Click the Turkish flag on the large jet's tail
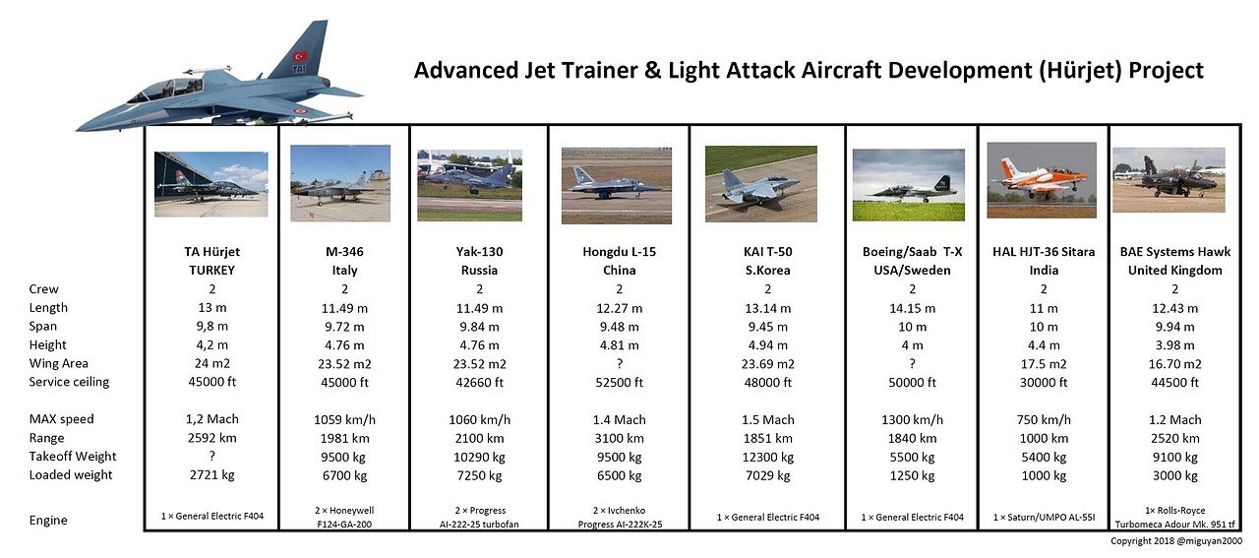300,56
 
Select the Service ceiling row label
69,382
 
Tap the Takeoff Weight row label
73,457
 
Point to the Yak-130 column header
479,251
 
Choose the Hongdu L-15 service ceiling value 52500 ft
620,383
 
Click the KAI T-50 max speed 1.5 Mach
768,419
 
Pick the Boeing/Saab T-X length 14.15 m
912,308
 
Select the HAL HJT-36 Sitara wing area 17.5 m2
1044,364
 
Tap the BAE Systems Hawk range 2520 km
1175,438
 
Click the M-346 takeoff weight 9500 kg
344,458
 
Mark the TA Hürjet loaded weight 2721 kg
211,474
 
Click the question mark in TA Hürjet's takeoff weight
211,455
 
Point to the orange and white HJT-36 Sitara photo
1042,180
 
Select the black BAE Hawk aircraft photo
1169,180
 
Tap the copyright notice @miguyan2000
1176,541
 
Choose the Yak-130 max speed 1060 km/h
479,419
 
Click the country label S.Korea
768,270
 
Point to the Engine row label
48,521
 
